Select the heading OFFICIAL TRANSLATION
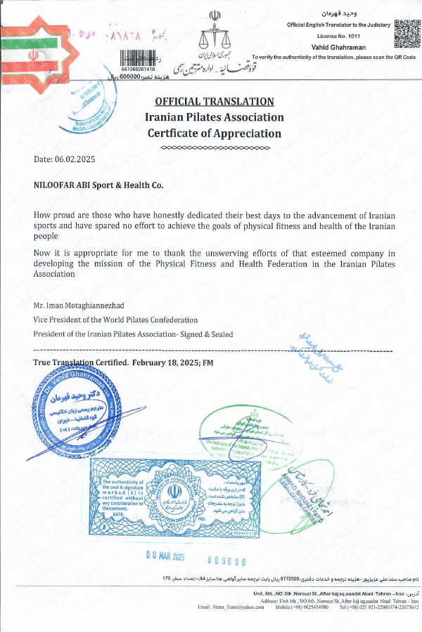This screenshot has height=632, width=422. [x=215, y=102]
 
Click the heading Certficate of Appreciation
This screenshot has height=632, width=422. [x=215, y=133]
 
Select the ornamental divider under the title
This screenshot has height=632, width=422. [x=215, y=148]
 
